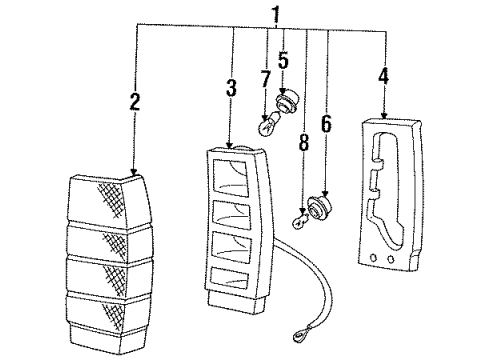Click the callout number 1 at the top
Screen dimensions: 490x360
coord(276,15)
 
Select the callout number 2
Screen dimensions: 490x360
coord(135,101)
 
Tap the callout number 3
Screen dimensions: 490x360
coord(231,88)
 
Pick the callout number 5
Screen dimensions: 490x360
coord(283,60)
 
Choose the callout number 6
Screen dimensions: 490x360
coord(327,124)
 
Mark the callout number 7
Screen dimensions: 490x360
coord(265,79)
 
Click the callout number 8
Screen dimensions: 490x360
coord(303,142)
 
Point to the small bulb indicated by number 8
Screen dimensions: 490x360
coord(301,221)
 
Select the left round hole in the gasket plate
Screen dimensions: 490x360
coord(373,258)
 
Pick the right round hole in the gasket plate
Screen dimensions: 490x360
coord(390,259)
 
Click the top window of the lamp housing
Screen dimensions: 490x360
coord(231,178)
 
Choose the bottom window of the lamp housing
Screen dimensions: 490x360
coord(230,278)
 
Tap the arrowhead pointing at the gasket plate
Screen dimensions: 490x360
coord(384,115)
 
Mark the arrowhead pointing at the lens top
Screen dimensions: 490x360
coord(134,172)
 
